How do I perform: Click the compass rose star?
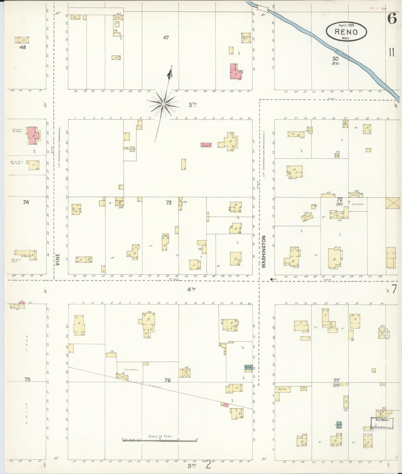click(164, 104)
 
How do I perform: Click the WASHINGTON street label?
click(264, 252)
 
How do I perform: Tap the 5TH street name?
click(193, 105)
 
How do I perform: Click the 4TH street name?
click(191, 289)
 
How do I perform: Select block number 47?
click(166, 38)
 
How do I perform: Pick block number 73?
click(169, 203)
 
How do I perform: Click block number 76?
click(167, 380)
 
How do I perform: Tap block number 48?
click(23, 47)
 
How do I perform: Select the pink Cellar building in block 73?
click(206, 145)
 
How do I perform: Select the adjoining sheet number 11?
click(392, 52)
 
